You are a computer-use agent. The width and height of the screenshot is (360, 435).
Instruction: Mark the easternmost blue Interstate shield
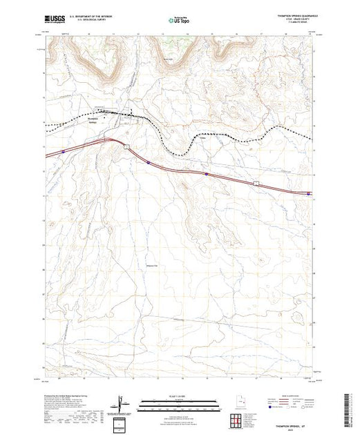click(307, 193)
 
